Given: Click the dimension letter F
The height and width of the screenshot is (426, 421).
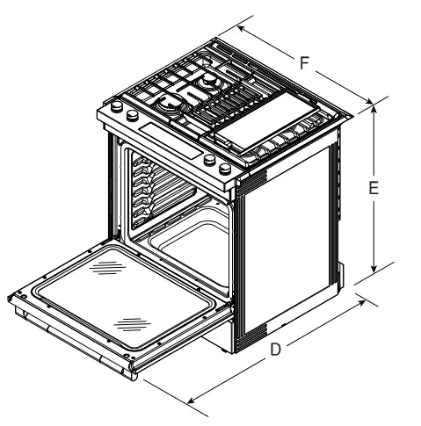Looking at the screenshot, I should [304, 63].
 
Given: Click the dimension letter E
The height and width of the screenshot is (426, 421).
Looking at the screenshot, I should [374, 188].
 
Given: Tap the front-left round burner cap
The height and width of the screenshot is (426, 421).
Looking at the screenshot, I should [166, 105].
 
